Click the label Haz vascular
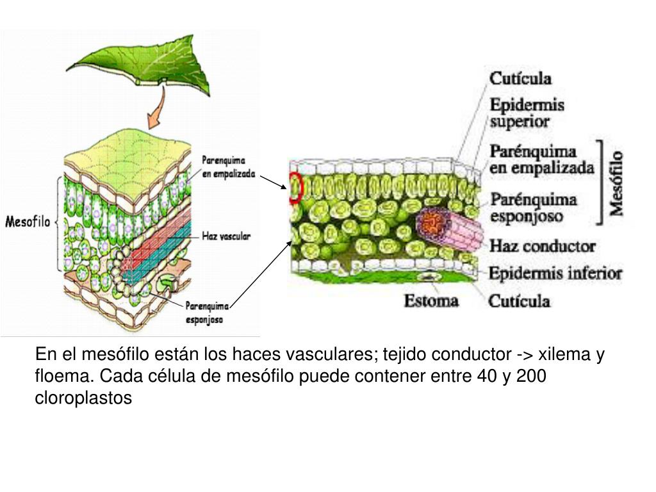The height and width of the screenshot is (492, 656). pos(226,236)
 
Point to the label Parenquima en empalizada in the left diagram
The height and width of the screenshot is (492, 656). pos(228,166)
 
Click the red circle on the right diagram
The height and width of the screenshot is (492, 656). pos(295,188)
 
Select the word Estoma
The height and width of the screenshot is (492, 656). pos(431,300)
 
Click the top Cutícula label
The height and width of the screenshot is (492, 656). pos(520,78)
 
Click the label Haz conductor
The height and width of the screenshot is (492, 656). pos(542,246)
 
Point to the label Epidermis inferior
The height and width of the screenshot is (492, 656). pos(555,274)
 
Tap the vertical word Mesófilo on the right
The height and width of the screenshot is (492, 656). pos(616,183)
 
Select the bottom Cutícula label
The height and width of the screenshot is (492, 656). pos(520,300)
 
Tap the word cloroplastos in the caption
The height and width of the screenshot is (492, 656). pos(83,398)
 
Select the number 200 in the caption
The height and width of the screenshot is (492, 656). pos(530,376)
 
